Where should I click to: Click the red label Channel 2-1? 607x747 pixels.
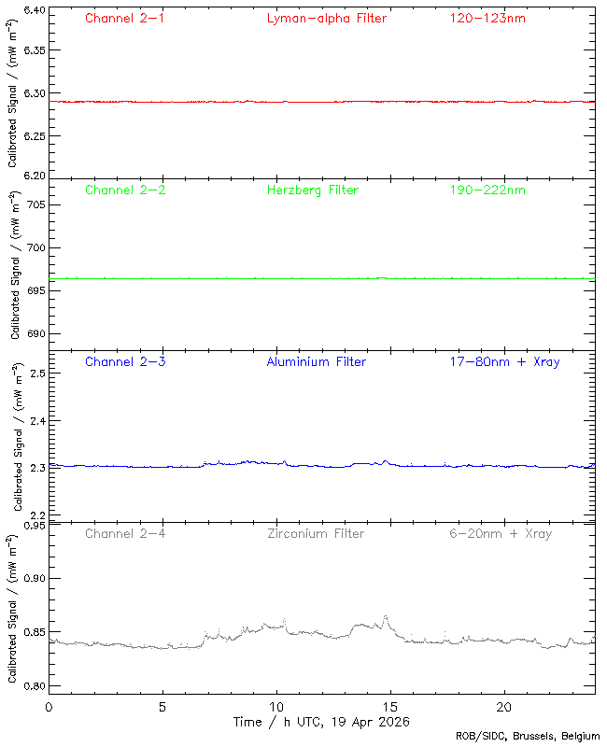tap(124, 18)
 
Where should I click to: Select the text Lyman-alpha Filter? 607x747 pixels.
tap(326, 18)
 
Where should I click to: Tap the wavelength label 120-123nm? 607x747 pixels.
tap(487, 18)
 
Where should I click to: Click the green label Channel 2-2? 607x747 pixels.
tap(124, 190)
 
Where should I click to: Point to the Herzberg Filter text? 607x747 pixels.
tap(312, 190)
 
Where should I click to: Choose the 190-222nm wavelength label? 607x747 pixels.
tap(487, 190)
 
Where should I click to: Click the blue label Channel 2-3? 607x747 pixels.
tap(124, 361)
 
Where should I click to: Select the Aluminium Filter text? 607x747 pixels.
tap(316, 361)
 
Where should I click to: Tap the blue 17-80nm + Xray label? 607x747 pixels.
tap(503, 361)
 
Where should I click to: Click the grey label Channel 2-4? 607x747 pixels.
tap(124, 533)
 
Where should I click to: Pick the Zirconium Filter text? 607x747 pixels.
tap(315, 533)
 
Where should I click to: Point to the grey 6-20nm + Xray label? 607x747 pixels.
tap(500, 533)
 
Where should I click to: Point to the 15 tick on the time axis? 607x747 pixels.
tap(390, 707)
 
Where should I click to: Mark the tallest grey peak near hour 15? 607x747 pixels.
tap(386, 616)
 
